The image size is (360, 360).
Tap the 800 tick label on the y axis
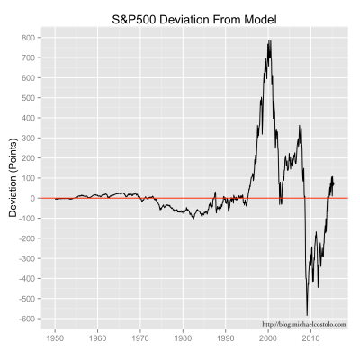(29, 38)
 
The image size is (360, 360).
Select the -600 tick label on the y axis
(27, 319)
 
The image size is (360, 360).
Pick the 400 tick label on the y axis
(29, 118)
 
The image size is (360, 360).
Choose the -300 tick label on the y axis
(27, 258)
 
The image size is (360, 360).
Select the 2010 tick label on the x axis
(311, 339)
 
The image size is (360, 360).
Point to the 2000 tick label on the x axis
(268, 339)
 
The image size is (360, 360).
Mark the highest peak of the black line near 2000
(269, 40)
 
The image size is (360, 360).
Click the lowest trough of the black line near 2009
(307, 314)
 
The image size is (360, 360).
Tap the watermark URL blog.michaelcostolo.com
(303, 324)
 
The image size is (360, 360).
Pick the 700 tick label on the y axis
(29, 58)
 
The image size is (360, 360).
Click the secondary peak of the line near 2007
(300, 126)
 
